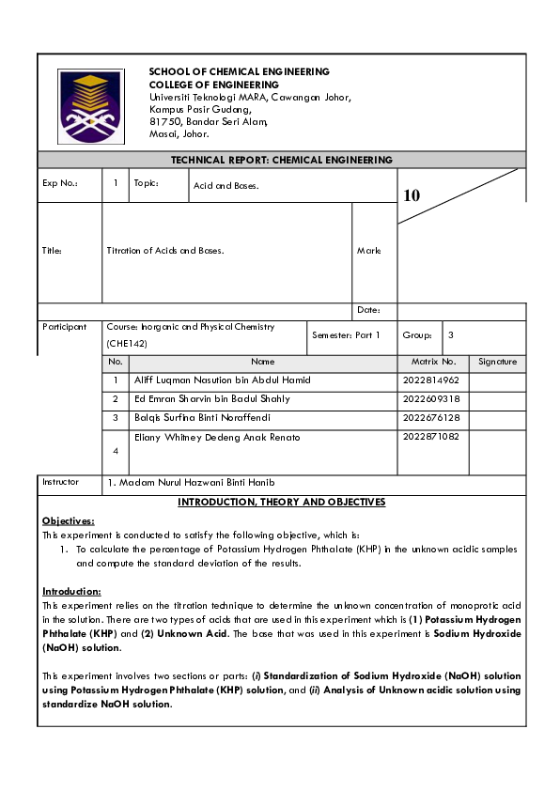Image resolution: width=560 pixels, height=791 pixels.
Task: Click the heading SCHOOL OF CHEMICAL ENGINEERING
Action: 239,72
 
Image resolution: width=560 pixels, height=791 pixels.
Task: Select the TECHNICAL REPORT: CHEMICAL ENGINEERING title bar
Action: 281,160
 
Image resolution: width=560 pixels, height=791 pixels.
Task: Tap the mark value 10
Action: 412,195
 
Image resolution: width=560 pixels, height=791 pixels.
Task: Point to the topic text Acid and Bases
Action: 226,186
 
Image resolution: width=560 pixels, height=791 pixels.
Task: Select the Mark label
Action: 368,251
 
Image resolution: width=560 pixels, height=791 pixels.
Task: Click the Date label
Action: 367,310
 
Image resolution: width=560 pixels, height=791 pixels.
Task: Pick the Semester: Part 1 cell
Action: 346,335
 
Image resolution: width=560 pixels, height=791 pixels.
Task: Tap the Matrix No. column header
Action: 433,362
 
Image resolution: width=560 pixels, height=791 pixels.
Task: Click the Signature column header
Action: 497,362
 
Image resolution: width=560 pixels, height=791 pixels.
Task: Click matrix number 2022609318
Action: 430,398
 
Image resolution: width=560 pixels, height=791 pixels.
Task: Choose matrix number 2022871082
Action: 430,437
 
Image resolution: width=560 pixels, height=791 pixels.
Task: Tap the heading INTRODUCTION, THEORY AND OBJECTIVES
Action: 281,503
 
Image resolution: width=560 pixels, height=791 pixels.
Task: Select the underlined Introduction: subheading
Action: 71,591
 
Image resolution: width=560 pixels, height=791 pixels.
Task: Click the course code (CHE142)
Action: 127,345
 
